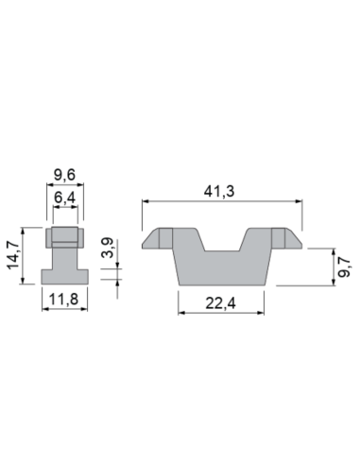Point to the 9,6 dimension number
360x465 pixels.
pyautogui.click(x=65, y=175)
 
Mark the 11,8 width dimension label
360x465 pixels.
pyautogui.click(x=65, y=303)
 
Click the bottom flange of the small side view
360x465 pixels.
pyautogui.click(x=65, y=277)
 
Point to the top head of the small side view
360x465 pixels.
pyautogui.click(x=65, y=236)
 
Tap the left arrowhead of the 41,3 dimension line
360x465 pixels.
pyautogui.click(x=145, y=201)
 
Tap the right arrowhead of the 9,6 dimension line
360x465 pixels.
pyautogui.click(x=81, y=185)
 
